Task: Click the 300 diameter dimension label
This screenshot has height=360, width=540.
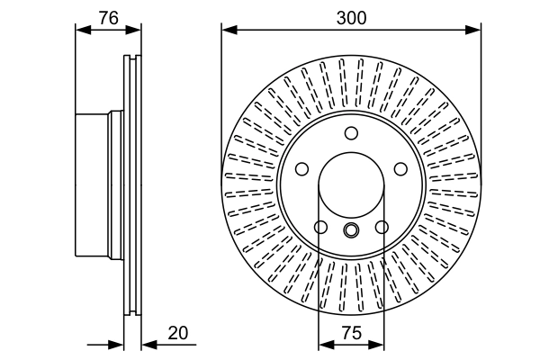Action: coord(352,15)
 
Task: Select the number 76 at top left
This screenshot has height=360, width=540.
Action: coord(108,15)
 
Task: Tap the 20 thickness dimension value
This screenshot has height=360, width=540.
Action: coord(178,332)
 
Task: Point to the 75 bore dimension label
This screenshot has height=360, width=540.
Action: coord(352,332)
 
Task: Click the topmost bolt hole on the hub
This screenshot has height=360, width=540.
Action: coord(351,134)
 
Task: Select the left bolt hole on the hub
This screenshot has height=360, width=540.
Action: coord(301,168)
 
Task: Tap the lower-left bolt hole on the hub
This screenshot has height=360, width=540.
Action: coord(320,227)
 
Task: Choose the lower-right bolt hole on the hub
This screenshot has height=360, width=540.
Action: coord(382,227)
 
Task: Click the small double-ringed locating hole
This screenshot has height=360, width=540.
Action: coord(351,229)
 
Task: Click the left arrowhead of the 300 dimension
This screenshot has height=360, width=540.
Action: coord(229,30)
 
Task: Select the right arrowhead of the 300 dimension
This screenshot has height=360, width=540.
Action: coord(474,30)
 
